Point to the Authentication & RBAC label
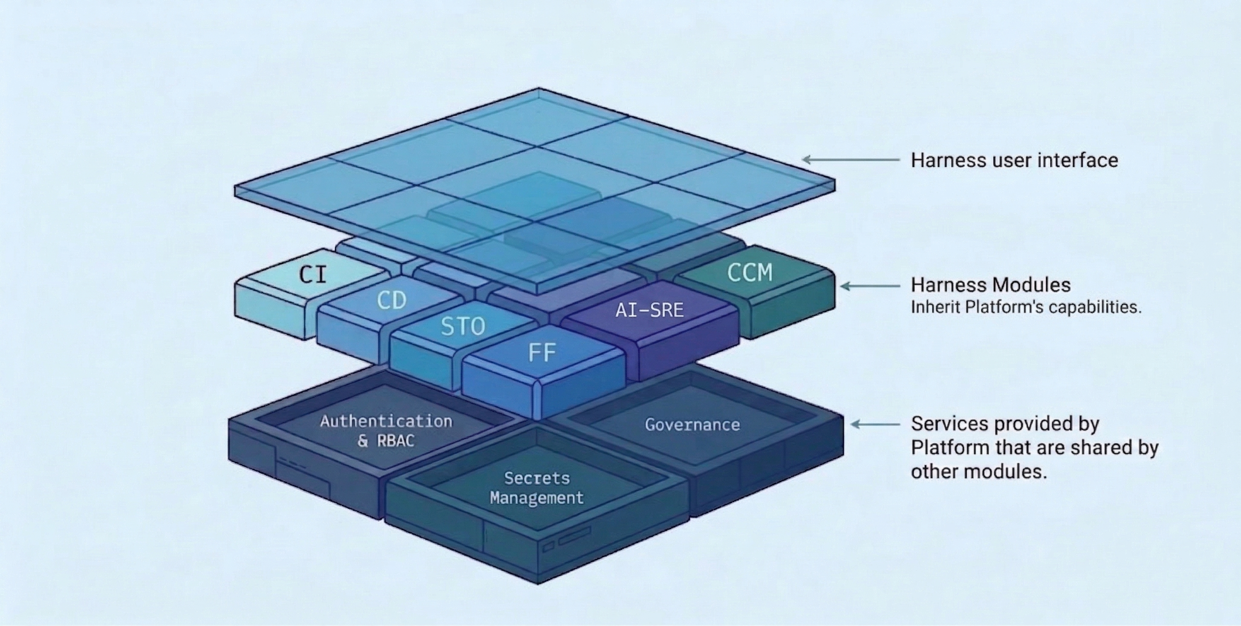(386, 431)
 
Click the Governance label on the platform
(692, 425)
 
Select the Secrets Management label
(537, 488)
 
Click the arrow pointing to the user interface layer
(850, 159)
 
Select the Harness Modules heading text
(990, 285)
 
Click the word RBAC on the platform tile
(395, 441)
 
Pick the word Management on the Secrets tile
(537, 498)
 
